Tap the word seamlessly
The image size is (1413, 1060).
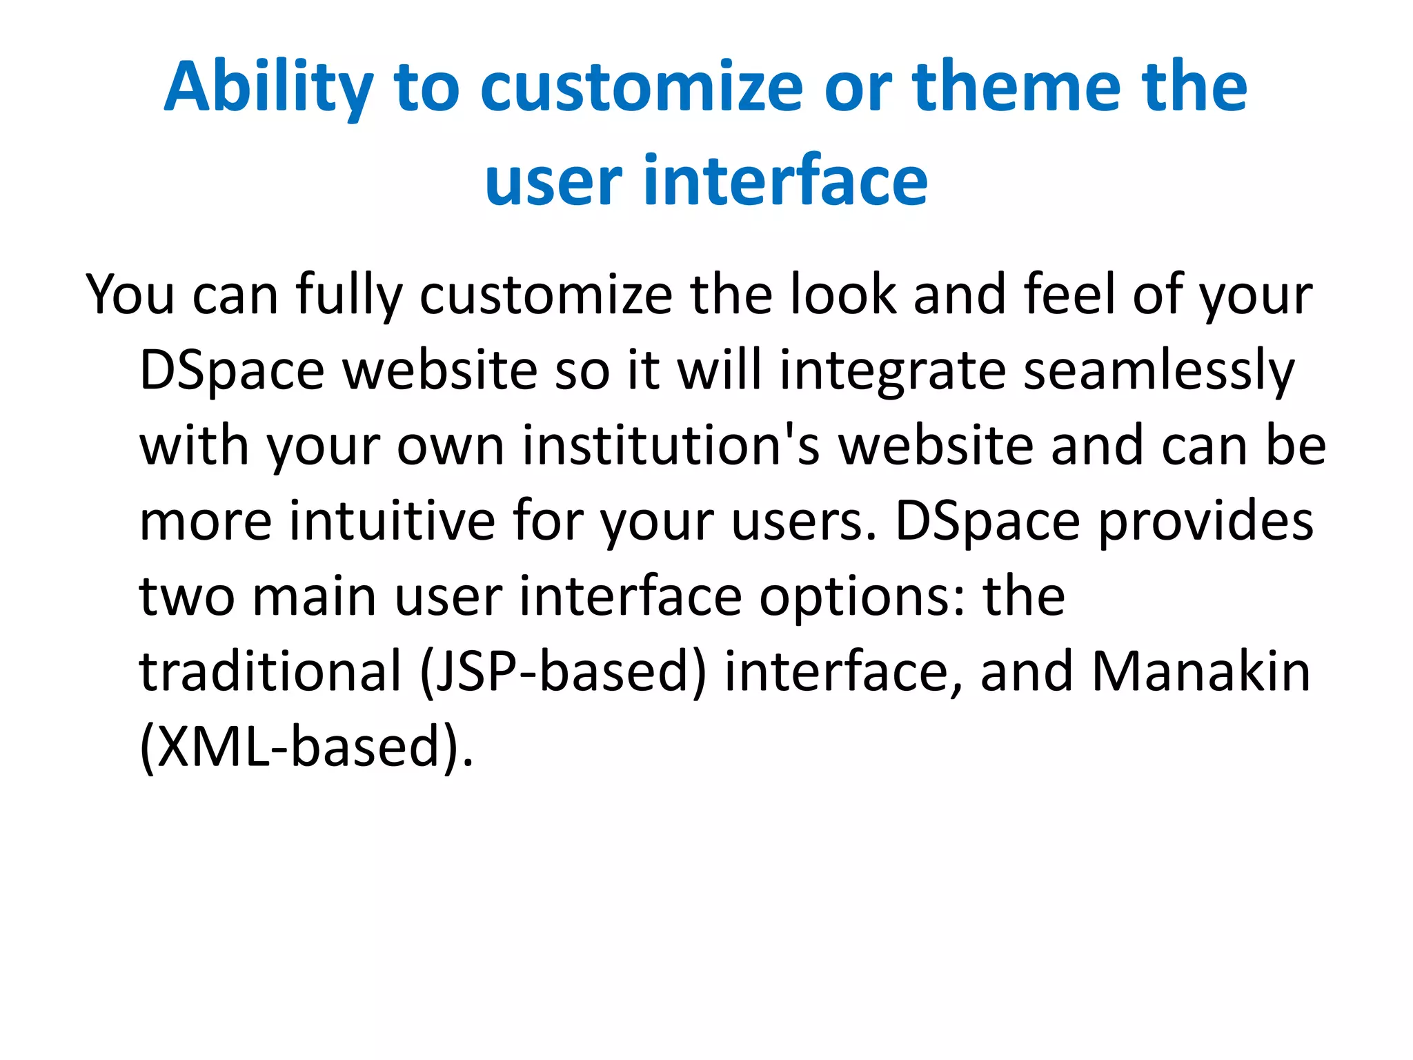pyautogui.click(x=1158, y=371)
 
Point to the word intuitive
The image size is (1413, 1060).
pyautogui.click(x=392, y=521)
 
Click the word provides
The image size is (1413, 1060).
pyautogui.click(x=1205, y=521)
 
